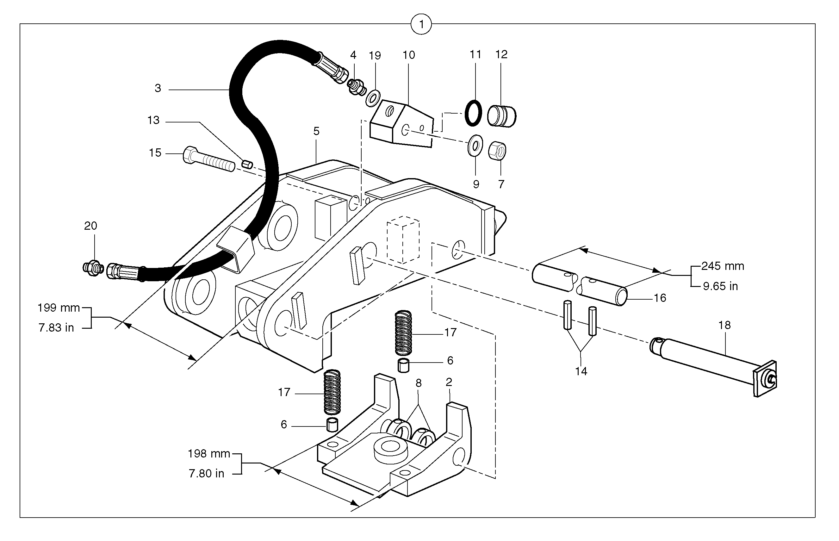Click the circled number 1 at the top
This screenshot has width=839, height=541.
pos(421,24)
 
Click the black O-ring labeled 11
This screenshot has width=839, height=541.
pos(473,113)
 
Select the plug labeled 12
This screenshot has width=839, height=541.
pos(501,115)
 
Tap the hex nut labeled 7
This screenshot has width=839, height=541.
pos(497,150)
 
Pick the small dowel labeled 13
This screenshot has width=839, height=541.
pos(247,164)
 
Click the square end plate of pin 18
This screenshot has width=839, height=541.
pos(765,379)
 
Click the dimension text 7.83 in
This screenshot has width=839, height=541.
pos(56,327)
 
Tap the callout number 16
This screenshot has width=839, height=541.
pos(660,298)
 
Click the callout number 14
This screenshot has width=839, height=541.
pos(581,371)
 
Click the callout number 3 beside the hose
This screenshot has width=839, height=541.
pos(158,88)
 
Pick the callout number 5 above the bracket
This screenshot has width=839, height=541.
pos(316,131)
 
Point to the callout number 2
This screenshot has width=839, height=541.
pos(449,382)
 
